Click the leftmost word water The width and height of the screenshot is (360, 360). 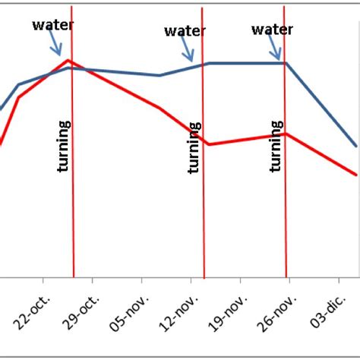[x=53, y=25]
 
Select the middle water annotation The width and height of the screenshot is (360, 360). [x=185, y=31]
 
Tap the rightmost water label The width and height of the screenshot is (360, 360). [x=272, y=30]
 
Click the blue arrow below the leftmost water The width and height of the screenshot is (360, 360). [x=55, y=45]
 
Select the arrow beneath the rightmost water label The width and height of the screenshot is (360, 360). [x=276, y=49]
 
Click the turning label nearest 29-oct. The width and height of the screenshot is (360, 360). [x=64, y=146]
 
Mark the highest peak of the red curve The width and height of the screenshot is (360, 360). [x=69, y=60]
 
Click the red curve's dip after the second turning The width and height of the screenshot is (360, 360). [x=208, y=144]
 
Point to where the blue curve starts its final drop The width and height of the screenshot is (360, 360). [x=286, y=63]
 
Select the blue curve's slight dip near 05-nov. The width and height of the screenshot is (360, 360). [x=159, y=75]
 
